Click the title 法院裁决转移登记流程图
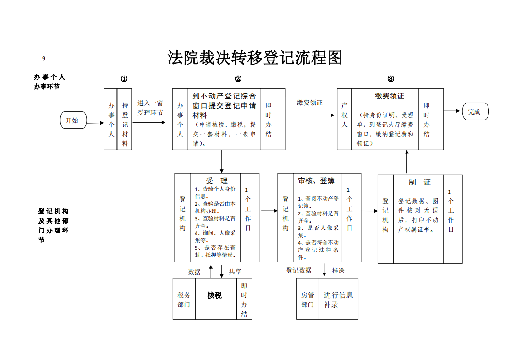pyautogui.click(x=255, y=58)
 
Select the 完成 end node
pyautogui.click(x=475, y=111)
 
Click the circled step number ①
pyautogui.click(x=124, y=79)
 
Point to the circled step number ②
pyautogui.click(x=238, y=79)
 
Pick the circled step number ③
pyautogui.click(x=390, y=79)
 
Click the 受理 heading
pyautogui.click(x=216, y=181)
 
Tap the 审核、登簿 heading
pyautogui.click(x=316, y=181)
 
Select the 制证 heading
pyautogui.click(x=419, y=182)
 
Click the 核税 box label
pyautogui.click(x=214, y=295)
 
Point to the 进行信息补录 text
pyautogui.click(x=338, y=300)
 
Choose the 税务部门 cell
pyautogui.click(x=184, y=300)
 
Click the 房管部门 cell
pyautogui.click(x=307, y=300)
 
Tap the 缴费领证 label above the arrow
pyautogui.click(x=309, y=103)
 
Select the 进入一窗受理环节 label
pyautogui.click(x=150, y=108)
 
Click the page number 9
pyautogui.click(x=44, y=58)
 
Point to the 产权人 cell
pyautogui.click(x=345, y=115)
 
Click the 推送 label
pyautogui.click(x=338, y=271)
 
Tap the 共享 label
pyautogui.click(x=235, y=272)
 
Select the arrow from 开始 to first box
pyautogui.click(x=95, y=123)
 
